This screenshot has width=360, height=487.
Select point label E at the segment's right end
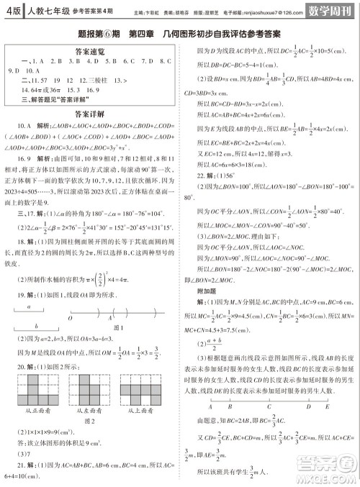point(330,405)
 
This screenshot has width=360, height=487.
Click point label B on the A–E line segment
point(228,405)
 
